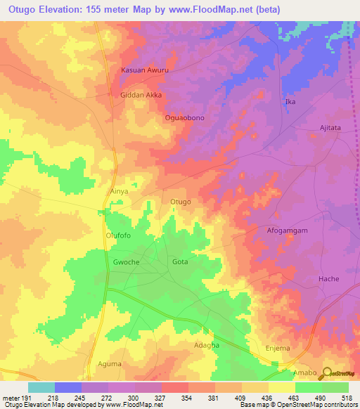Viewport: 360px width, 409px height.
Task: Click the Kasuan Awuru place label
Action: point(146,71)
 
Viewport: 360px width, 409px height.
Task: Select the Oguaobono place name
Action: point(184,118)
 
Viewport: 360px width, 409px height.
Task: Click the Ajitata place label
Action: point(326,128)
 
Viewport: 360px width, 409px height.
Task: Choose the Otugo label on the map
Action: point(181,202)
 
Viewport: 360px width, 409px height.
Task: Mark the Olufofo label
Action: point(118,236)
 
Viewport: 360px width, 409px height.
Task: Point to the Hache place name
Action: point(328,279)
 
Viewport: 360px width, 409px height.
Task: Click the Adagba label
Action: point(207,345)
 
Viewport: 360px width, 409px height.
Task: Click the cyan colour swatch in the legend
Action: point(41,387)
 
